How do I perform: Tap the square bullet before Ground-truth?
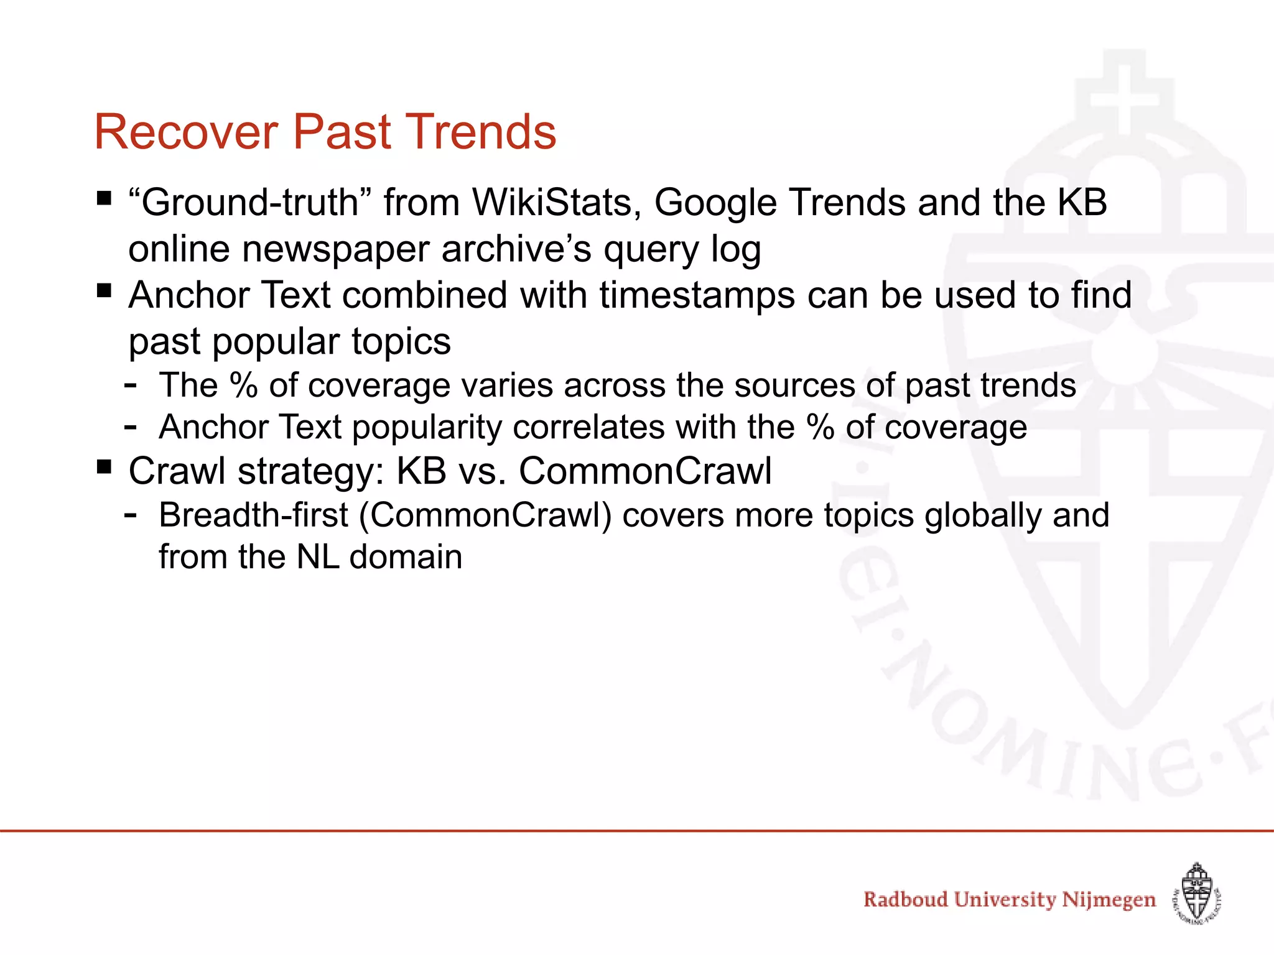click(x=104, y=199)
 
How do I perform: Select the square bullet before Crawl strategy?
click(x=104, y=466)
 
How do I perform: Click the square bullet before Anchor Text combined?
click(x=104, y=290)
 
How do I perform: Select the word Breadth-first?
click(x=253, y=515)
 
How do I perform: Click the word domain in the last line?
click(x=406, y=557)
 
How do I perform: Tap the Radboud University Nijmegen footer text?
click(x=1009, y=900)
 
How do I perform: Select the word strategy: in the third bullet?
click(x=311, y=471)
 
